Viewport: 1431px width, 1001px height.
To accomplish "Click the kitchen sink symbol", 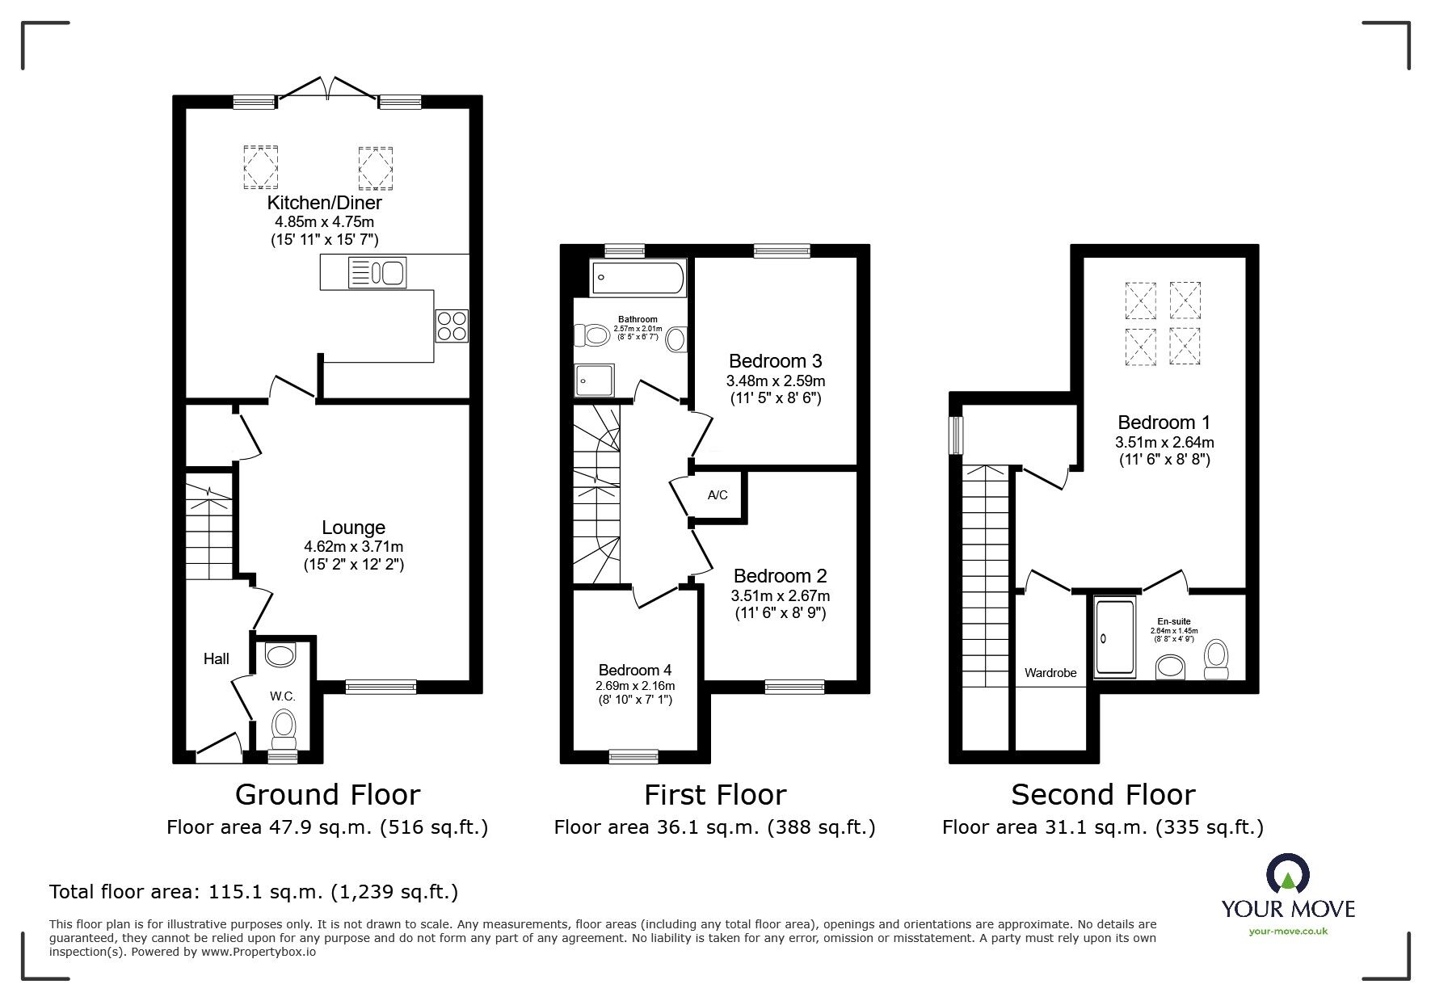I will click(375, 272).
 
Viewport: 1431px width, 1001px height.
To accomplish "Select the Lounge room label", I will click(353, 528).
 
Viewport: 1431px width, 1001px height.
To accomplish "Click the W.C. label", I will click(282, 696).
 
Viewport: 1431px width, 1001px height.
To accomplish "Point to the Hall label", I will click(216, 658).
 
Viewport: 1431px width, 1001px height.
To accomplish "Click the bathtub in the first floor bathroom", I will click(638, 278).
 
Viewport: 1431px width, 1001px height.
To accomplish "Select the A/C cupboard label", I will click(718, 494).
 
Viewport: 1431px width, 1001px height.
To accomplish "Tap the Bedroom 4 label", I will click(634, 670).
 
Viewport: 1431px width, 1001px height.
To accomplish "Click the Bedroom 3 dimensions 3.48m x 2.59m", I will click(776, 381).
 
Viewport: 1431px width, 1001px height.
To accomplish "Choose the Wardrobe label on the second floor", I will click(1050, 672).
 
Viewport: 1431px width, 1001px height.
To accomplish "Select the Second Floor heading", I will click(1102, 794).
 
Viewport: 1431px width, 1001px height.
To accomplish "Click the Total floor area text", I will click(254, 892).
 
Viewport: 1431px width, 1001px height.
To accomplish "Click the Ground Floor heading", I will click(327, 794).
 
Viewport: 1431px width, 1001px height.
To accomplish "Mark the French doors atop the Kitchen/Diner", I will click(327, 87).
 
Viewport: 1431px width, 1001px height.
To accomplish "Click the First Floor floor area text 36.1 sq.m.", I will click(714, 827).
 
